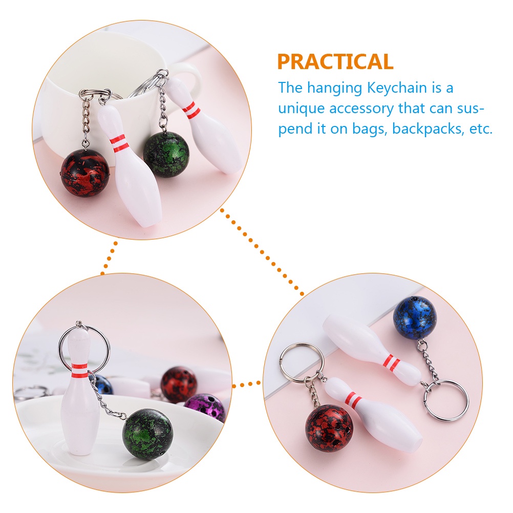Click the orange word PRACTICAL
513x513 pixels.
pos(335,62)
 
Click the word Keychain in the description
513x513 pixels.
pos(397,88)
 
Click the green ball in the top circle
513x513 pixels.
pos(166,154)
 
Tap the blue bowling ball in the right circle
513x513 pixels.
pos(415,317)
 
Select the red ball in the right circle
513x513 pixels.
pos(329,428)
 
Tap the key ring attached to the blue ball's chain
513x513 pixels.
pos(446,399)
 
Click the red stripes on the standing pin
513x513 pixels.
pos(79,367)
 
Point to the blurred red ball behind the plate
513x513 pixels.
pos(179,382)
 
